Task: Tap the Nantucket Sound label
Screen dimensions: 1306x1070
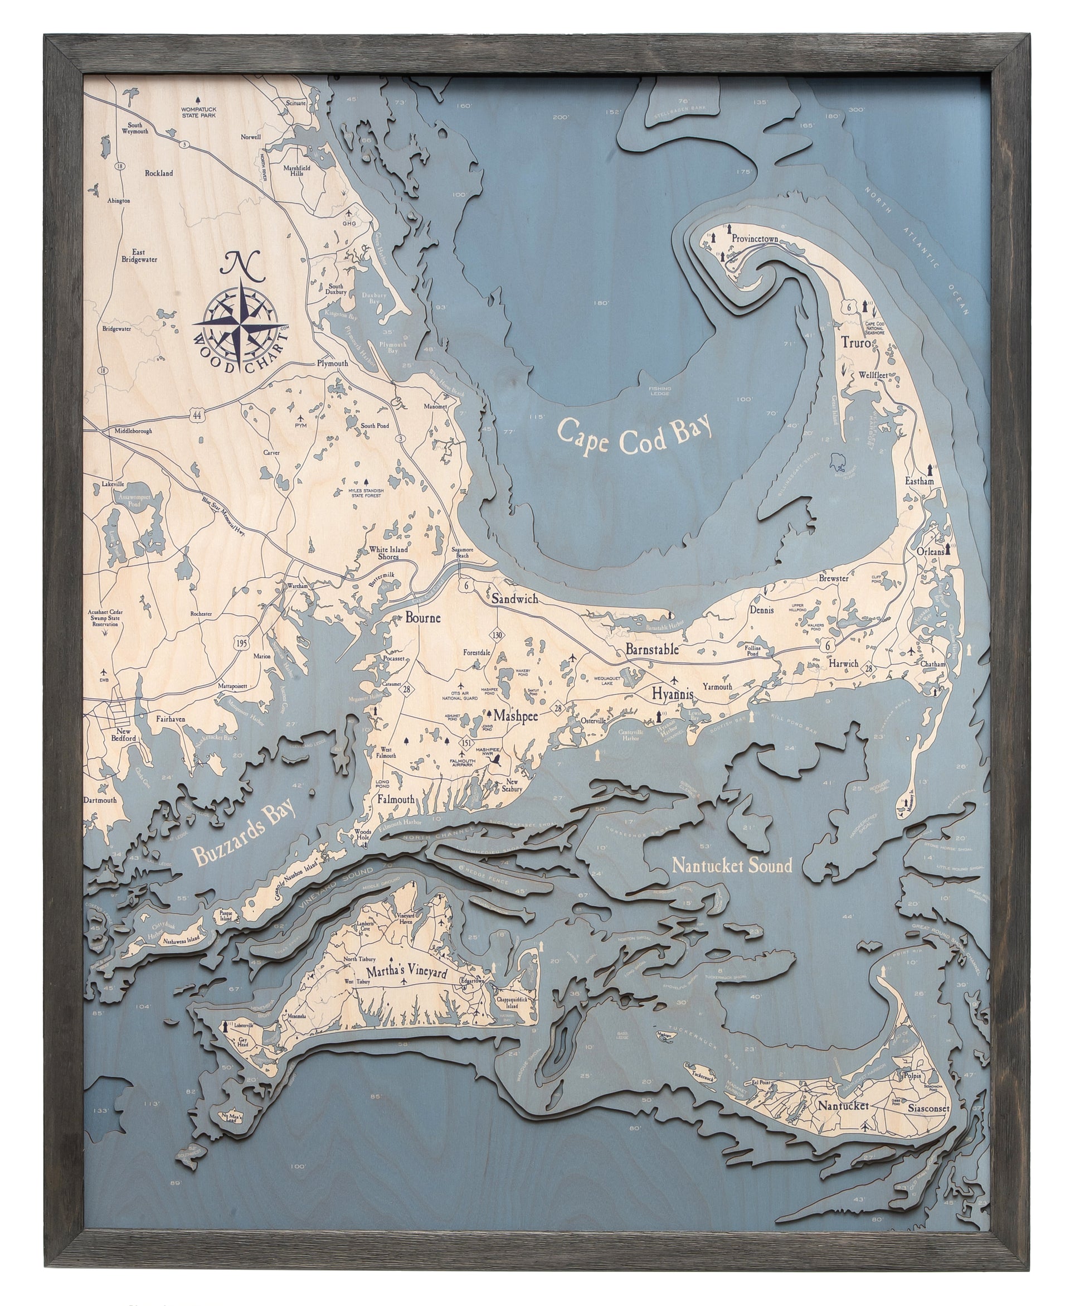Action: (x=732, y=865)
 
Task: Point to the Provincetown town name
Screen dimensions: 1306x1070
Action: (x=756, y=239)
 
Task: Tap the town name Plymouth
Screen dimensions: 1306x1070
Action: (x=332, y=363)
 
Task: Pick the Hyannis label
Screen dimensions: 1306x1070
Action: (x=673, y=694)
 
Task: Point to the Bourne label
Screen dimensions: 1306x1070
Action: (x=423, y=617)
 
